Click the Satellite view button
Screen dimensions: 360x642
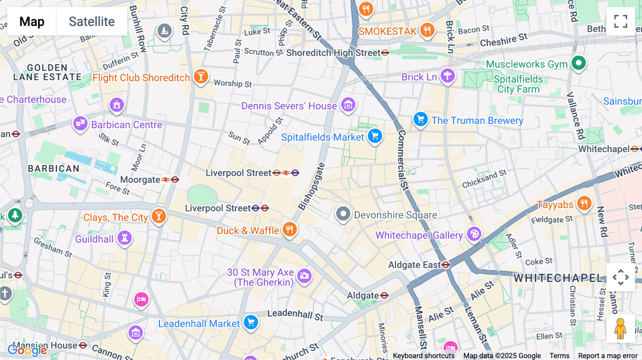(92, 21)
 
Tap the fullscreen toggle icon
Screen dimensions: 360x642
(621, 21)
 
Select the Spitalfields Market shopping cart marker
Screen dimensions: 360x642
(375, 136)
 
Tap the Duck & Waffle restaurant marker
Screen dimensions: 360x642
(290, 229)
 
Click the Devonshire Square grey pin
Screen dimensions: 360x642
(343, 214)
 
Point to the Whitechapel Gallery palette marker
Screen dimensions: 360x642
(474, 234)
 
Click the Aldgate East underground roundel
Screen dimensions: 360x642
(445, 265)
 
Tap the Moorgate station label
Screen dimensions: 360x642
(140, 180)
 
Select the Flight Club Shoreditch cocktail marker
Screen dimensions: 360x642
(201, 76)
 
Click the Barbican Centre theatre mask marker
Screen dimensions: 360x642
(80, 123)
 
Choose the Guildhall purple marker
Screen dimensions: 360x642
(124, 237)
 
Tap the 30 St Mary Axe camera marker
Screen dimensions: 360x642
(304, 276)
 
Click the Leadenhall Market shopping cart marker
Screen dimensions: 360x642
(251, 322)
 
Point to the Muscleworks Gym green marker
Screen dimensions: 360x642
(579, 63)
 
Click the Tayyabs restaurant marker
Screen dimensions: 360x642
(584, 204)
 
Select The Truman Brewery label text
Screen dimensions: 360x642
(477, 120)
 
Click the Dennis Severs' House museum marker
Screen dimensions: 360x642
(348, 105)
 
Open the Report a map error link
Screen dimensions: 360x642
(607, 356)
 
